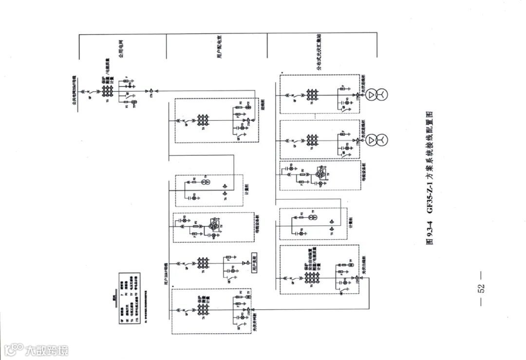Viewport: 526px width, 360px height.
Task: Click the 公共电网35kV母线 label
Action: point(75,90)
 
